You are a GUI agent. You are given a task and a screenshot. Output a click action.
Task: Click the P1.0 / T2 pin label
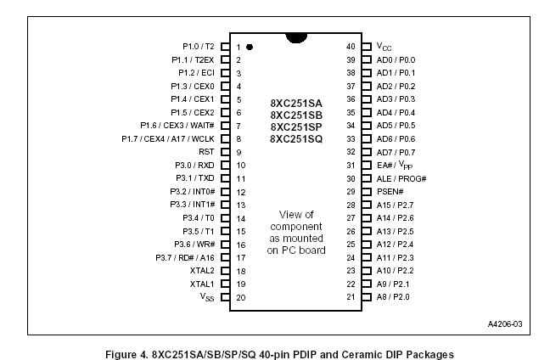pos(199,47)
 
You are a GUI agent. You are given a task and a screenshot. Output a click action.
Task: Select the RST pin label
pos(206,152)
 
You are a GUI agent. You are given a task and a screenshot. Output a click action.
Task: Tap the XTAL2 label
pos(201,270)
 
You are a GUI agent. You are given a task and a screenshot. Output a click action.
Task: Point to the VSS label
pos(206,297)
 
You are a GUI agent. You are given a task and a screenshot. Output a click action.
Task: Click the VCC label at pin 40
pos(384,47)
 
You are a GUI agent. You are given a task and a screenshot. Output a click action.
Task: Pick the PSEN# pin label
pos(390,191)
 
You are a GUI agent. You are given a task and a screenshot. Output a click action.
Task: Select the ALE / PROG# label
pos(401,178)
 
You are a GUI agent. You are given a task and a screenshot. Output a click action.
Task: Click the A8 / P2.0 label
pos(394,296)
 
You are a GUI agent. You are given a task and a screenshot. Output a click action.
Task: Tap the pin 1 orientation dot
pos(250,47)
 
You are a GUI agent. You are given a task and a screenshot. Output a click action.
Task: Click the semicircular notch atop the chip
pos(296,37)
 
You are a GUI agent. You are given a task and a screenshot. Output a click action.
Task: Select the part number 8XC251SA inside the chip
pos(296,102)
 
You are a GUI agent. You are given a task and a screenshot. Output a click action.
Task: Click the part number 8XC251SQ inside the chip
pos(296,139)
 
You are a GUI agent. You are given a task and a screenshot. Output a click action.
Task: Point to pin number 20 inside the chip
pos(241,296)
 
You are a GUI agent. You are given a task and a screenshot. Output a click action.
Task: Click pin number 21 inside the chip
pos(350,296)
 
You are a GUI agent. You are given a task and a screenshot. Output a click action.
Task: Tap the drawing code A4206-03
pos(504,323)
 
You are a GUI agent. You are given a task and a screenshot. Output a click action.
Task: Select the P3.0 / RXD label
pos(197,165)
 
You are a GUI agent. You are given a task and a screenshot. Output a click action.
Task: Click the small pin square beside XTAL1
pos(226,284)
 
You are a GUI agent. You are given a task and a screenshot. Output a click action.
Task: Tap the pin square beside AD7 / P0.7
pos(366,152)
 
